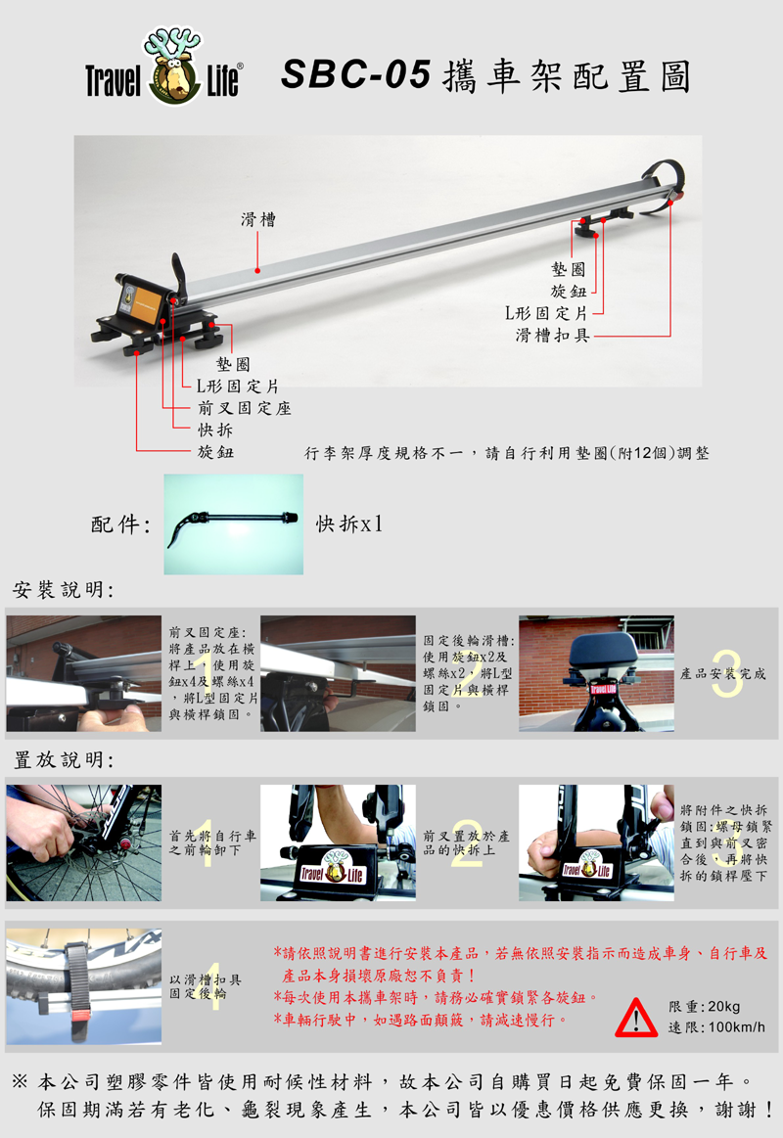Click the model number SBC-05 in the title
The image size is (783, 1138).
tap(355, 74)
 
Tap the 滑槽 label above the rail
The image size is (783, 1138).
tap(258, 219)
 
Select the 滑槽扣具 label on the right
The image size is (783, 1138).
tap(552, 335)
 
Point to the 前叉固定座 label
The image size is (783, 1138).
tap(245, 408)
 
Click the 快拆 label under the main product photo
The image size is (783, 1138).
tap(215, 430)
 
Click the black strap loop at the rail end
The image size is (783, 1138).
tap(664, 185)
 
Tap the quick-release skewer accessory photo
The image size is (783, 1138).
tap(234, 524)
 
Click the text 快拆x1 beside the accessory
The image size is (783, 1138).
tap(349, 523)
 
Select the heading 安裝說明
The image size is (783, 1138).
tap(64, 590)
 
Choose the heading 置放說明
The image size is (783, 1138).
tap(64, 760)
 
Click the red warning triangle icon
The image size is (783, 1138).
tap(636, 1018)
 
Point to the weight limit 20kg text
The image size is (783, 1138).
tap(704, 1007)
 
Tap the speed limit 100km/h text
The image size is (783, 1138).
tap(716, 1027)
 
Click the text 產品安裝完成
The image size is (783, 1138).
tap(722, 674)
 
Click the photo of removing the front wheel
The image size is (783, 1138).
tap(83, 842)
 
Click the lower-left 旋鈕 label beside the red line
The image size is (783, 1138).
tap(215, 451)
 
